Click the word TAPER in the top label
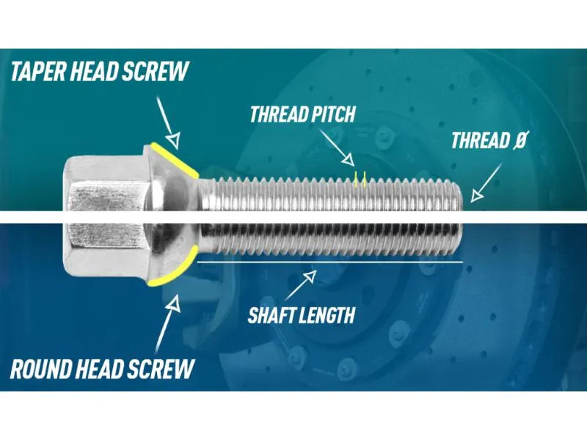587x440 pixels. tap(39, 71)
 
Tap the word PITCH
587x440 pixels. tap(333, 114)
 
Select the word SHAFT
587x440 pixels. tap(270, 315)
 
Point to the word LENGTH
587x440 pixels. tap(326, 315)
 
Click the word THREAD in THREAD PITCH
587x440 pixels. tap(279, 114)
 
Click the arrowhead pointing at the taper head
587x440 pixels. tap(173, 140)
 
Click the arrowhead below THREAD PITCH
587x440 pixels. tap(348, 160)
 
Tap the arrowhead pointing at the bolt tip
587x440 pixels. tap(476, 195)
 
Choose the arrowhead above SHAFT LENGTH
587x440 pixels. tap(309, 276)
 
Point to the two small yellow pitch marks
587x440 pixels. tap(360, 179)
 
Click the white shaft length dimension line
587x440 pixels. tap(329, 262)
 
